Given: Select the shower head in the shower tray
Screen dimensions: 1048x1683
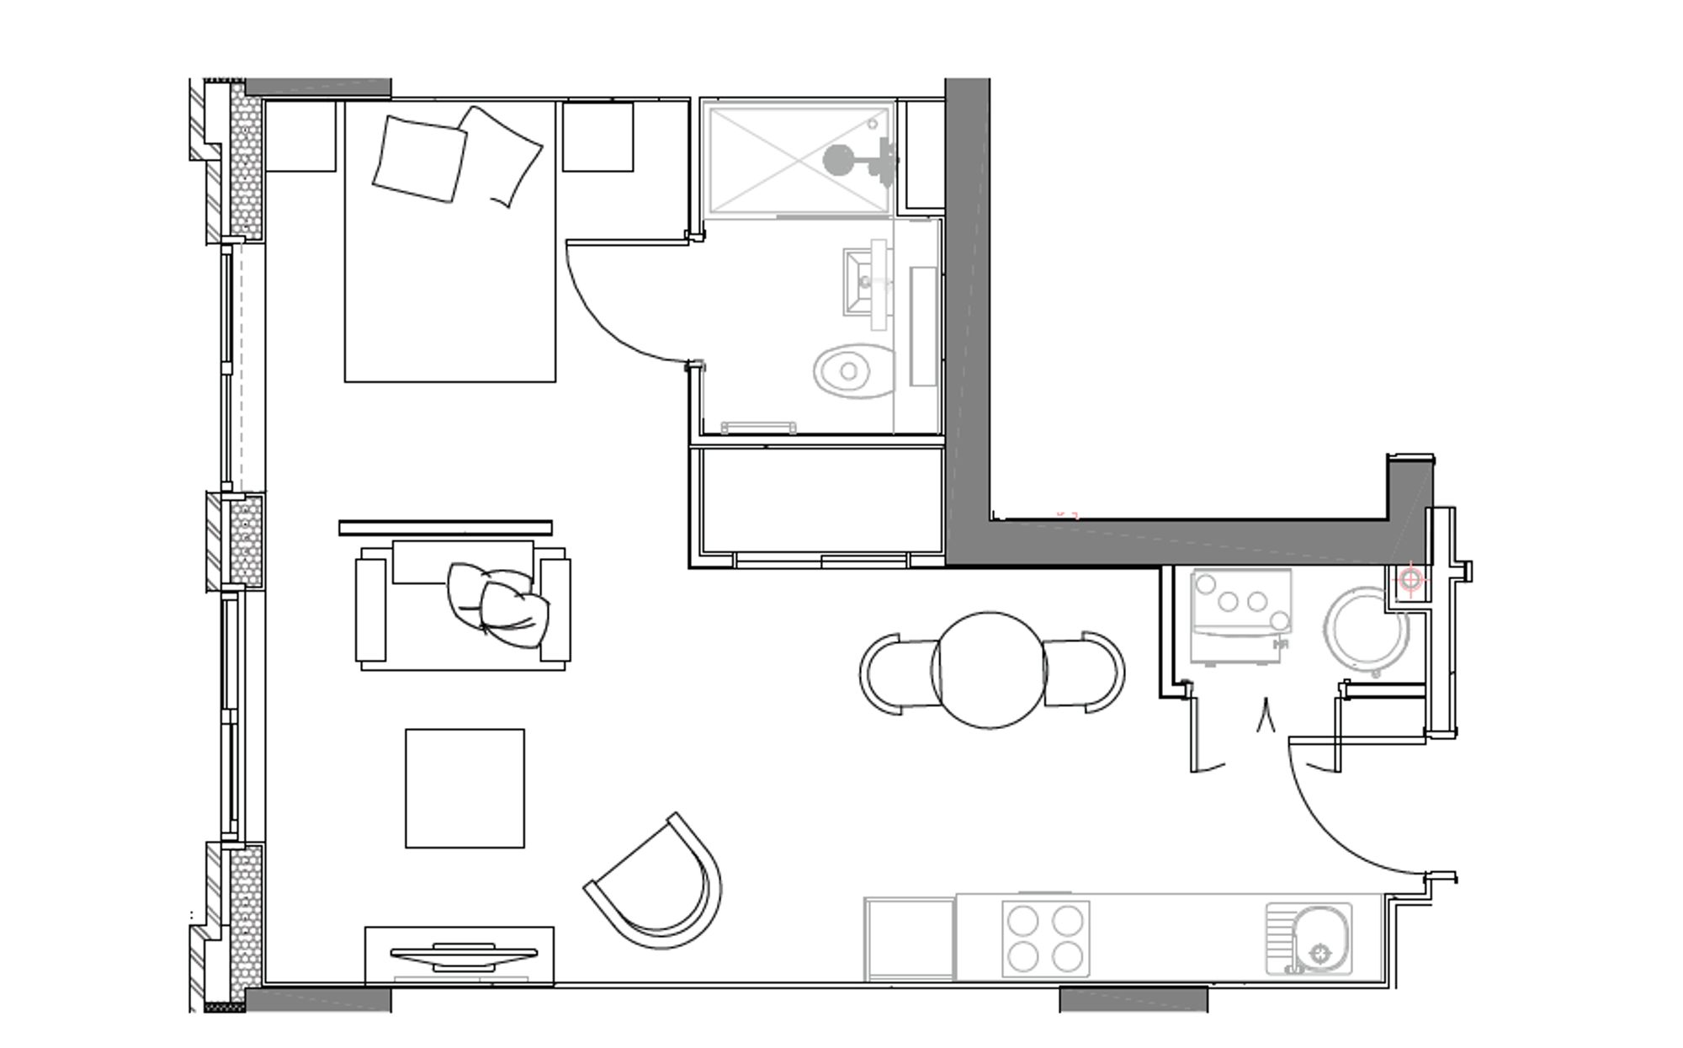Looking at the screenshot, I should (838, 159).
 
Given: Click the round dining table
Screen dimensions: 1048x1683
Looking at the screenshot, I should (990, 670).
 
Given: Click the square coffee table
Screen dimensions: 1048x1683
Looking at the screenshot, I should (465, 788).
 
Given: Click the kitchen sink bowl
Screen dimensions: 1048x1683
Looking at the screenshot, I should (1321, 939).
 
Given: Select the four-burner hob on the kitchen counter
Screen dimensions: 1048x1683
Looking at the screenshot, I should (1046, 939).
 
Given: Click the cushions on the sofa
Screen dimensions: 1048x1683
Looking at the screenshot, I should (497, 603).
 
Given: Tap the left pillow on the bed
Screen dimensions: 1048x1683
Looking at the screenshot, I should (419, 159).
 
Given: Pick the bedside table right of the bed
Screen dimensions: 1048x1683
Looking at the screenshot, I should (597, 136).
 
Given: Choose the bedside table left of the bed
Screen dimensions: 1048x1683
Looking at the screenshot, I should (300, 136).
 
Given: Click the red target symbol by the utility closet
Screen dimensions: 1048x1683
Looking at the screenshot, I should (1411, 580).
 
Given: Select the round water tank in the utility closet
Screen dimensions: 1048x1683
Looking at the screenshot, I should (1366, 630).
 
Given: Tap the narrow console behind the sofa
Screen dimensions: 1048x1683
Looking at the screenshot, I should (445, 528).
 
